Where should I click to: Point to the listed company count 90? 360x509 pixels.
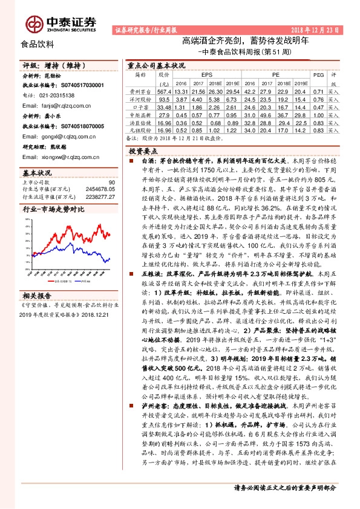111,182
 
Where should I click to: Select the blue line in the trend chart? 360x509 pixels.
91,258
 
